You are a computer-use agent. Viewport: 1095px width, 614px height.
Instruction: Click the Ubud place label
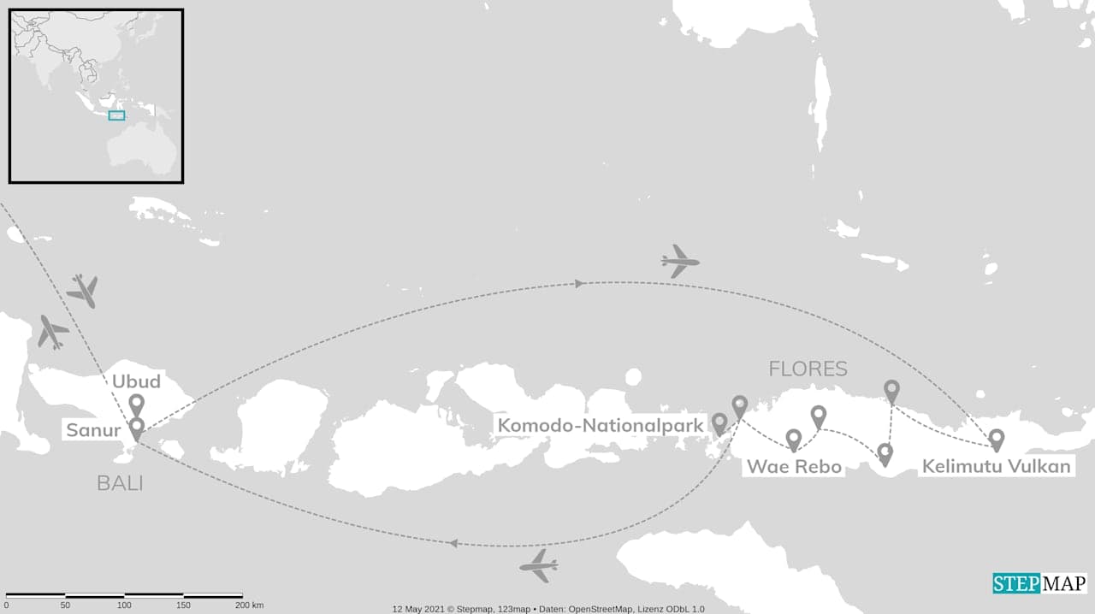[x=136, y=381]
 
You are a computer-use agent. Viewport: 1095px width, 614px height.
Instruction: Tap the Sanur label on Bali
[x=93, y=430]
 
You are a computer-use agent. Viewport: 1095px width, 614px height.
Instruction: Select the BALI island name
[x=119, y=483]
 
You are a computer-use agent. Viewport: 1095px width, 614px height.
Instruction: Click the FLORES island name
[x=808, y=369]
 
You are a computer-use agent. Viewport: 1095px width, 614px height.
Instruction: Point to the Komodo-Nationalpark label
[x=601, y=425]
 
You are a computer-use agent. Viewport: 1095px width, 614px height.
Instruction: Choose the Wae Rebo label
[x=794, y=467]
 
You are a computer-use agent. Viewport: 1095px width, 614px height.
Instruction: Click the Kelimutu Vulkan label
[x=996, y=467]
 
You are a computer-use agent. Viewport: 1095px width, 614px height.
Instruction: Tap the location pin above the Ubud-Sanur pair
[x=136, y=404]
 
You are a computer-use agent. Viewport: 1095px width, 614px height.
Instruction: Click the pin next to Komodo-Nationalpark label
[x=719, y=422]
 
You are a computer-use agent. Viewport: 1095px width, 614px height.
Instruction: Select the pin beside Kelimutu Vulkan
[x=996, y=440]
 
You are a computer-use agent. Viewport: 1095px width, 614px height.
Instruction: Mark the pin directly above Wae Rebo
[x=793, y=440]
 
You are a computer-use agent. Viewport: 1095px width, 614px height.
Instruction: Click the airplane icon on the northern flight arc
[x=680, y=261]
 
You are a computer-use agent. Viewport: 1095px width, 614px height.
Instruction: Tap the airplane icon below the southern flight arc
[x=539, y=565]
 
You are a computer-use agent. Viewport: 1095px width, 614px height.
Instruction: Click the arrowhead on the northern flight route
[x=579, y=283]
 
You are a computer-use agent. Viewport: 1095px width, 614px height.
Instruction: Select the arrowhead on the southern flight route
[x=453, y=543]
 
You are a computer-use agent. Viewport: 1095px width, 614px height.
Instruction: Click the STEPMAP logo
[x=1039, y=583]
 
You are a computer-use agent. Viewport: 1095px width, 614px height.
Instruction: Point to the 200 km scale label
[x=250, y=605]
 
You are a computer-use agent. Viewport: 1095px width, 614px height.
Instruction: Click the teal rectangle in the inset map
[x=116, y=115]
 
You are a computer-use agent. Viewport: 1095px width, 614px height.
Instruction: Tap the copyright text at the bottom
[x=548, y=609]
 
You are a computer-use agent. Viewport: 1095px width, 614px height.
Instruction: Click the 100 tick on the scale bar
[x=124, y=605]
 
